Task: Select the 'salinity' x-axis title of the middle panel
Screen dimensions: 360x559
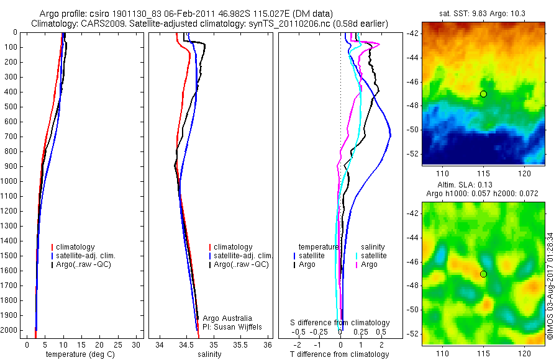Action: coord(209,354)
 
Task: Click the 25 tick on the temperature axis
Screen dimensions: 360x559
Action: coord(119,345)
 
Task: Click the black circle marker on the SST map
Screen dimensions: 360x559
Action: coord(483,94)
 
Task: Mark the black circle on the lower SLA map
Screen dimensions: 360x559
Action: coord(483,274)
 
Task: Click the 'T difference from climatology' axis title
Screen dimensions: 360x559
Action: coord(339,354)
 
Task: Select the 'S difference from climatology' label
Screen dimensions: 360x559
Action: coord(340,323)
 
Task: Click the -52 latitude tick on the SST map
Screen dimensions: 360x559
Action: coord(412,153)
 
